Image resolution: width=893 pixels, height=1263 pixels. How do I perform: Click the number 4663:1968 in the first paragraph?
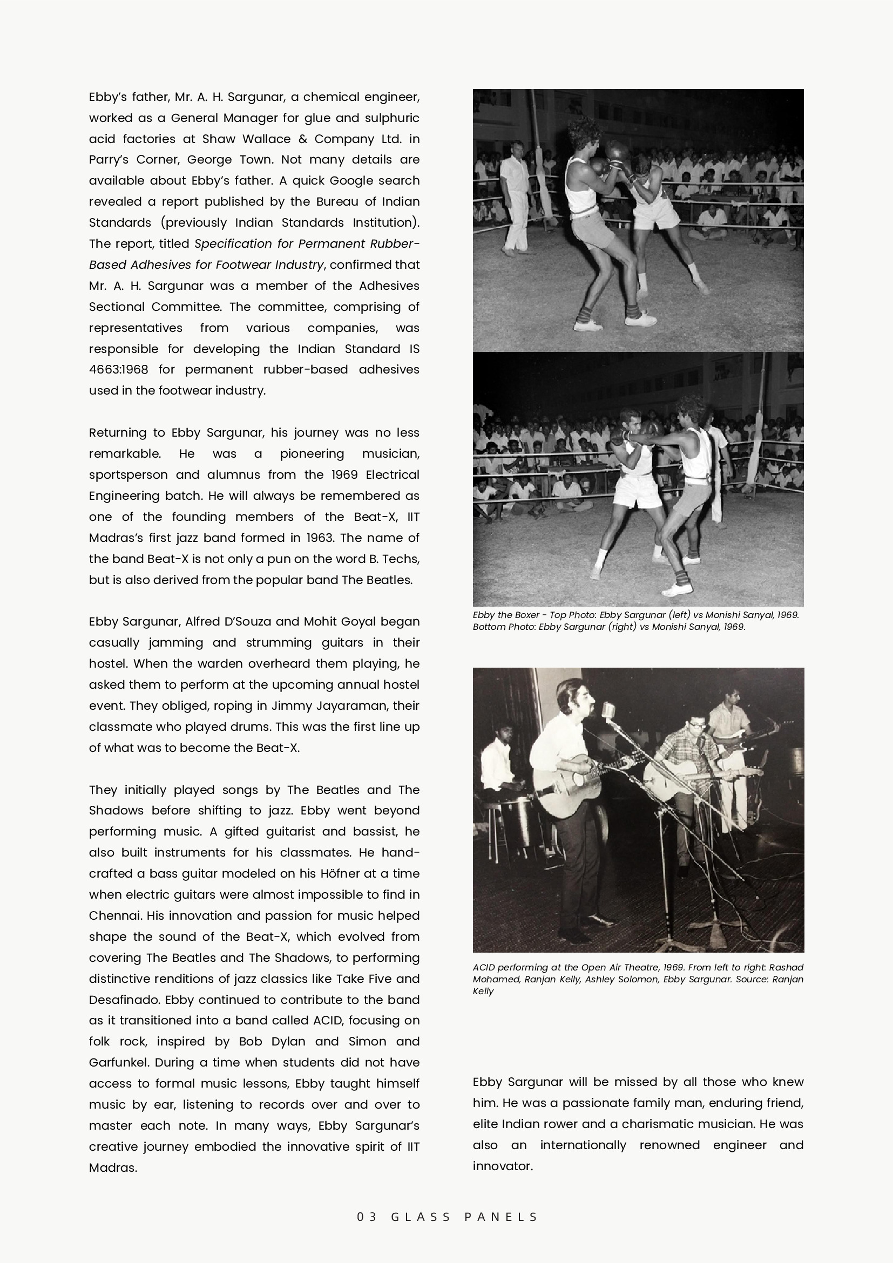pyautogui.click(x=118, y=370)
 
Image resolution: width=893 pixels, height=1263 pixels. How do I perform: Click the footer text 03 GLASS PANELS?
pyautogui.click(x=447, y=1217)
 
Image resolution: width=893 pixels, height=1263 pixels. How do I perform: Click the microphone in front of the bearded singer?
pyautogui.click(x=607, y=711)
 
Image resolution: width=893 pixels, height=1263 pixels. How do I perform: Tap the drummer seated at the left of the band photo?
pyautogui.click(x=498, y=770)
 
